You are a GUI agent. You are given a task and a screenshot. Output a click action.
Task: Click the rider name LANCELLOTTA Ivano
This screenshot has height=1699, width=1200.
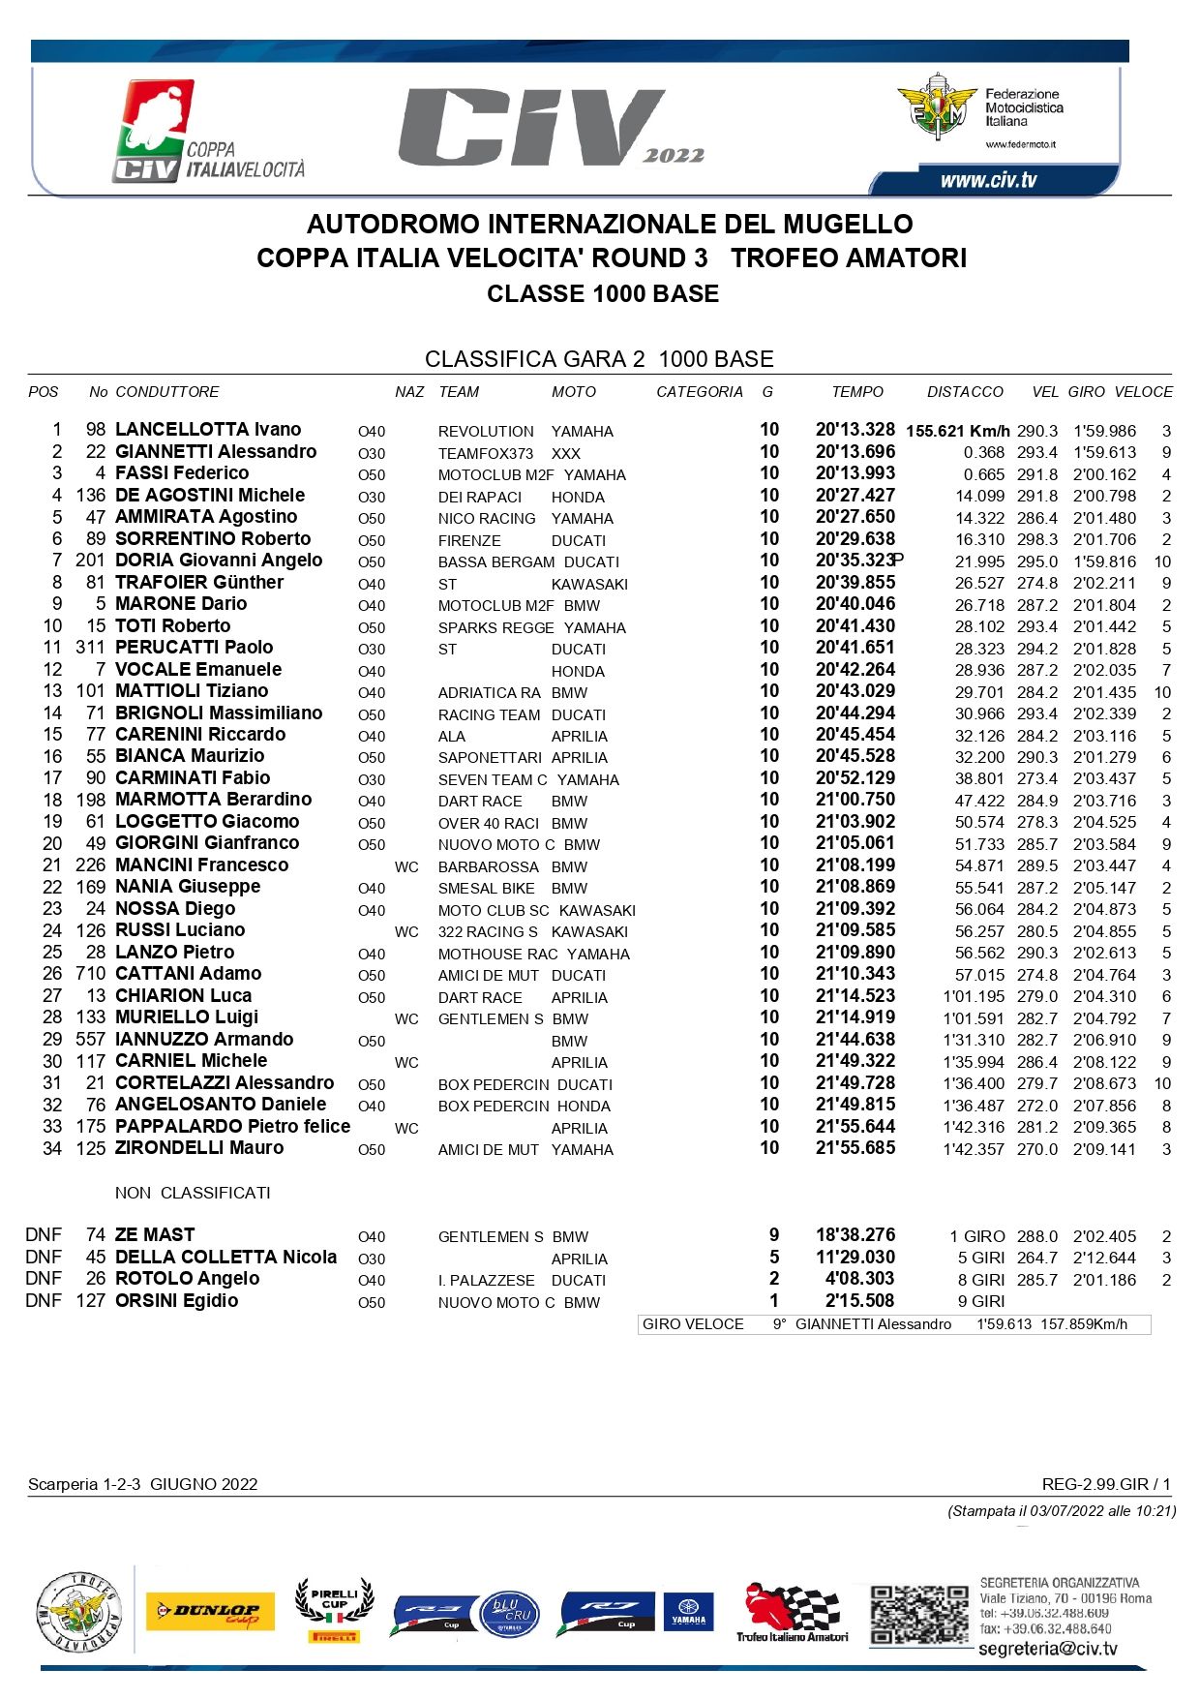click(208, 430)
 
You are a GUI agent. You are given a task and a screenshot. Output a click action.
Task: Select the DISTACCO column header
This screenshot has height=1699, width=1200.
click(965, 392)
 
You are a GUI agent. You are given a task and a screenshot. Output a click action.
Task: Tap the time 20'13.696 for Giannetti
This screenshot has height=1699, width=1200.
click(855, 452)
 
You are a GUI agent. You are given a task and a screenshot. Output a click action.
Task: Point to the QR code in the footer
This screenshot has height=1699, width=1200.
click(918, 1614)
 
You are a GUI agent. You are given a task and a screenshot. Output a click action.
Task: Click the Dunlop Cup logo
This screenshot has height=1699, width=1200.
click(210, 1612)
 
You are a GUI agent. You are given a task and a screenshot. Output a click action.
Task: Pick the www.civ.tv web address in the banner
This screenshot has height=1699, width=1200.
click(988, 180)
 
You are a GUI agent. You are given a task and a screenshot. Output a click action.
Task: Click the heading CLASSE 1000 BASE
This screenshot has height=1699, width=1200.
click(603, 294)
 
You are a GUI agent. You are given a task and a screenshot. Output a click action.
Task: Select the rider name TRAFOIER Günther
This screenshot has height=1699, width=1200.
click(199, 583)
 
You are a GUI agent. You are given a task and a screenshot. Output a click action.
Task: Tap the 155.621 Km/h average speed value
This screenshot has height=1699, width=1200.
click(958, 431)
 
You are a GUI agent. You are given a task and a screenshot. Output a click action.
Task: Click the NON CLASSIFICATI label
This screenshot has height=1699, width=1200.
click(193, 1193)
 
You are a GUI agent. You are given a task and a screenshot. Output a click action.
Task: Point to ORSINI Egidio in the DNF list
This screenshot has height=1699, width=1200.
click(176, 1301)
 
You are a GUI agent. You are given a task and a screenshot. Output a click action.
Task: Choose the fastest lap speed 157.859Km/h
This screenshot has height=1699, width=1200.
click(1084, 1324)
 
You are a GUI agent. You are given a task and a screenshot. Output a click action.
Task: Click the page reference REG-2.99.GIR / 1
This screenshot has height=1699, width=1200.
click(1106, 1484)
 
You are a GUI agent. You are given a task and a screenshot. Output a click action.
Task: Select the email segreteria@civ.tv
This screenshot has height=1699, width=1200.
click(1048, 1649)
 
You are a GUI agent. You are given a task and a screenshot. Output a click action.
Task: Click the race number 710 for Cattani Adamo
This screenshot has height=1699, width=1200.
click(90, 974)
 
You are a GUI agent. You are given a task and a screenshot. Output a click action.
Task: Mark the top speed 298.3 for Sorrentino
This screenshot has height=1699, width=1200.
click(1036, 539)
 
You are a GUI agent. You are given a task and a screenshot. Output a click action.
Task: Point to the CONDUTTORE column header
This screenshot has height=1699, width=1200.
click(167, 392)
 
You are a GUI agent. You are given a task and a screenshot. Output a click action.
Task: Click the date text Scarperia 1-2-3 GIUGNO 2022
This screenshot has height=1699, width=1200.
click(143, 1484)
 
